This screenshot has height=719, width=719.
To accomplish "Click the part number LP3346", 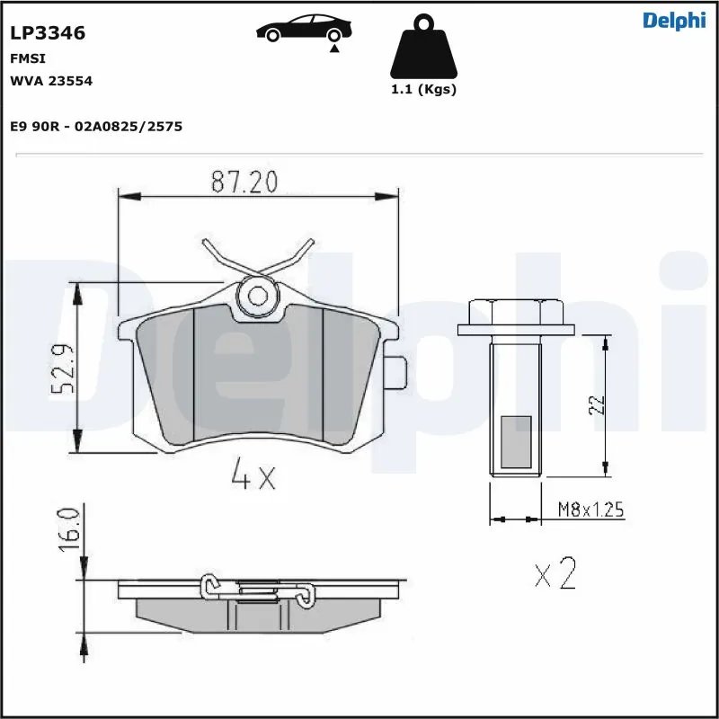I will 48,34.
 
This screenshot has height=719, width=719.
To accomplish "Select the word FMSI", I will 28,58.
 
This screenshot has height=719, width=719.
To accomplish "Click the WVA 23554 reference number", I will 51,81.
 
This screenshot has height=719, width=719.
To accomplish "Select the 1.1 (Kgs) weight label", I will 422,90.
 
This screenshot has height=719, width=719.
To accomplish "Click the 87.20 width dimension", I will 244,182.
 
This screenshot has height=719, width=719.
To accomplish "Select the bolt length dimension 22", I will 599,404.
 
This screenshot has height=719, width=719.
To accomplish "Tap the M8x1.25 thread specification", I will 590,510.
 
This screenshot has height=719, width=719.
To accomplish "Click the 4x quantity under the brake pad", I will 253,477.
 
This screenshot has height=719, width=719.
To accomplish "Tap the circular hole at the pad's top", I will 259,295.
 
